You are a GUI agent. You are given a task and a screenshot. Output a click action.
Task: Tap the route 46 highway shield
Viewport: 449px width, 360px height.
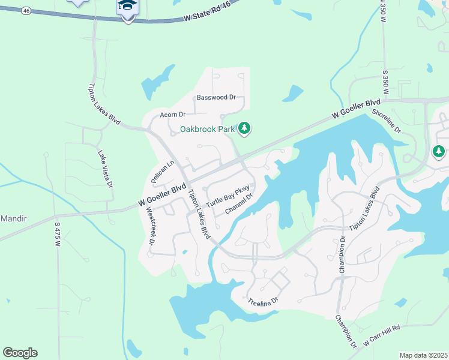26,11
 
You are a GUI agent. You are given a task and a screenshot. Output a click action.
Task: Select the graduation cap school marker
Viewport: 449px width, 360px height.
127,7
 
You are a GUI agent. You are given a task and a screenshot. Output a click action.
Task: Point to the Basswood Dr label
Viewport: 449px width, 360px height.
216,97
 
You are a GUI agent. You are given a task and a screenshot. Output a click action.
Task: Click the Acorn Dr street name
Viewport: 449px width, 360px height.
173,114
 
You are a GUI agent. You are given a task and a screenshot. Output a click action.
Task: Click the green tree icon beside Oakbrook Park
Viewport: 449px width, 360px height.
244,128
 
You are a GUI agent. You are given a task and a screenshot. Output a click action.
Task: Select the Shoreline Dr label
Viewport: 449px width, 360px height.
386,121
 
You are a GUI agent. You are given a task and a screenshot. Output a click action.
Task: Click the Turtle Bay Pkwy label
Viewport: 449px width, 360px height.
228,197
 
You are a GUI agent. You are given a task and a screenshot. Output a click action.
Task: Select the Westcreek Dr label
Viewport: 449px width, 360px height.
151,226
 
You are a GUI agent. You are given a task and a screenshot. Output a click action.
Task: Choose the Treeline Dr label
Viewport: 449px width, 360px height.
264,301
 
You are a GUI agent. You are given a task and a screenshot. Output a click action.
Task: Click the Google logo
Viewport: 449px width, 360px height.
20,353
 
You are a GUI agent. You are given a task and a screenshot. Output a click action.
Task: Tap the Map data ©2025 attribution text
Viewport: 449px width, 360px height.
423,355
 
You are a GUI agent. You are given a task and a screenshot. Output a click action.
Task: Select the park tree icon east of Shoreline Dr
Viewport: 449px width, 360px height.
440,151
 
